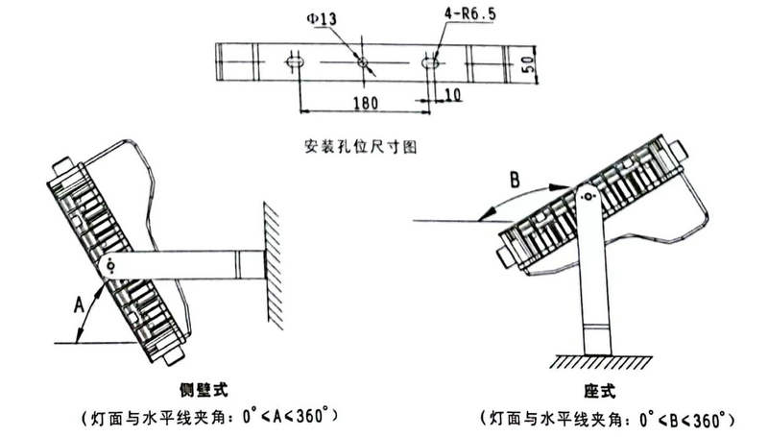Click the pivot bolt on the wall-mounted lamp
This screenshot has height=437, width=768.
112,266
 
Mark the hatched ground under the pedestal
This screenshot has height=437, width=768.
597,362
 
